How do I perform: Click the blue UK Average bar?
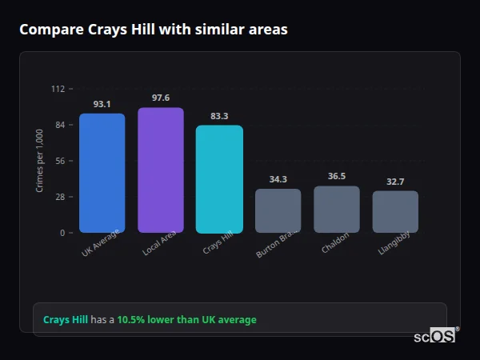pos(102,173)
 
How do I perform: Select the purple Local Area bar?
pos(161,170)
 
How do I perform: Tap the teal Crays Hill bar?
pos(219,179)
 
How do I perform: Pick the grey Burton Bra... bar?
pos(278,210)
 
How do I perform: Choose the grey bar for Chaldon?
pos(337,209)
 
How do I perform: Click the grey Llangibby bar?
pos(395,211)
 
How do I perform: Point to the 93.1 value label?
pos(102,104)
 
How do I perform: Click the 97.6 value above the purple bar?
pos(161,98)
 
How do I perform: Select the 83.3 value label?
pos(219,116)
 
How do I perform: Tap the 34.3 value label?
pos(278,179)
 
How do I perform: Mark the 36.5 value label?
pos(337,176)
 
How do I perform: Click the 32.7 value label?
pos(395,182)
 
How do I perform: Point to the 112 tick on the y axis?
pos(58,89)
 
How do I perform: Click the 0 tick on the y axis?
pos(62,233)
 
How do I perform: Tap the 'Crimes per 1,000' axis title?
pos(40,160)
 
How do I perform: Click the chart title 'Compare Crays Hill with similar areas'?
pos(153,30)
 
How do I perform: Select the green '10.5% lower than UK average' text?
pos(186,320)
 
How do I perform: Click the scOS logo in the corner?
pos(435,336)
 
